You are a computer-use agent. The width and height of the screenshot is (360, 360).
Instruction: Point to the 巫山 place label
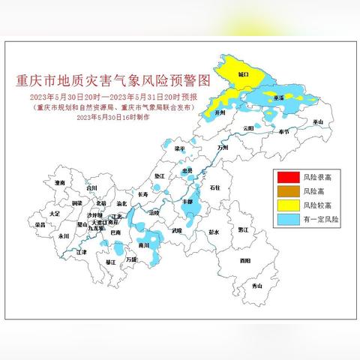(x=317, y=121)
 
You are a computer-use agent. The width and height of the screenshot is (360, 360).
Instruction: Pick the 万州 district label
(x=221, y=148)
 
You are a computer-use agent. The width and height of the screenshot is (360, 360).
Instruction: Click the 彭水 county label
(x=214, y=232)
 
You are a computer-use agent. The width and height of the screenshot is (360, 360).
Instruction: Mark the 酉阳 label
(x=245, y=261)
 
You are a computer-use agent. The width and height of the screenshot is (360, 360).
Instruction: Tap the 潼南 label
(x=61, y=182)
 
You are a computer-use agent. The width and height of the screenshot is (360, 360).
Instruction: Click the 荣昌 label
(x=40, y=224)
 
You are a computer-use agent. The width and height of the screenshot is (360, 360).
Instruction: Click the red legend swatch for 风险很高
(x=287, y=178)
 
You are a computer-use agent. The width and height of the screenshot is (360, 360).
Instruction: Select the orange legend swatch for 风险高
(x=287, y=192)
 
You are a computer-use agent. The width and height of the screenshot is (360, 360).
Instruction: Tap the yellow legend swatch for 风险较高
(x=287, y=206)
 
